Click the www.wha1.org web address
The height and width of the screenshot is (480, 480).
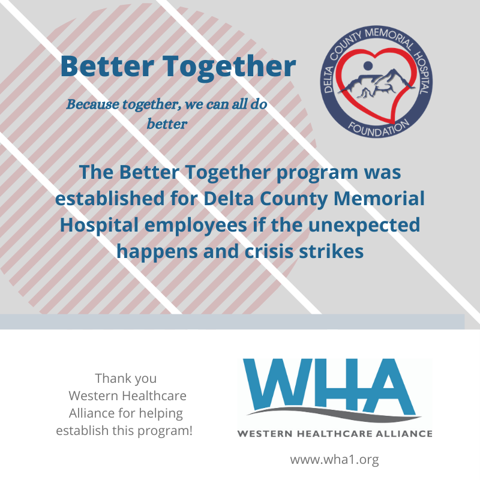pos(335,460)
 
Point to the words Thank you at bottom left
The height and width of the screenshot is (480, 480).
pos(125,379)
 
